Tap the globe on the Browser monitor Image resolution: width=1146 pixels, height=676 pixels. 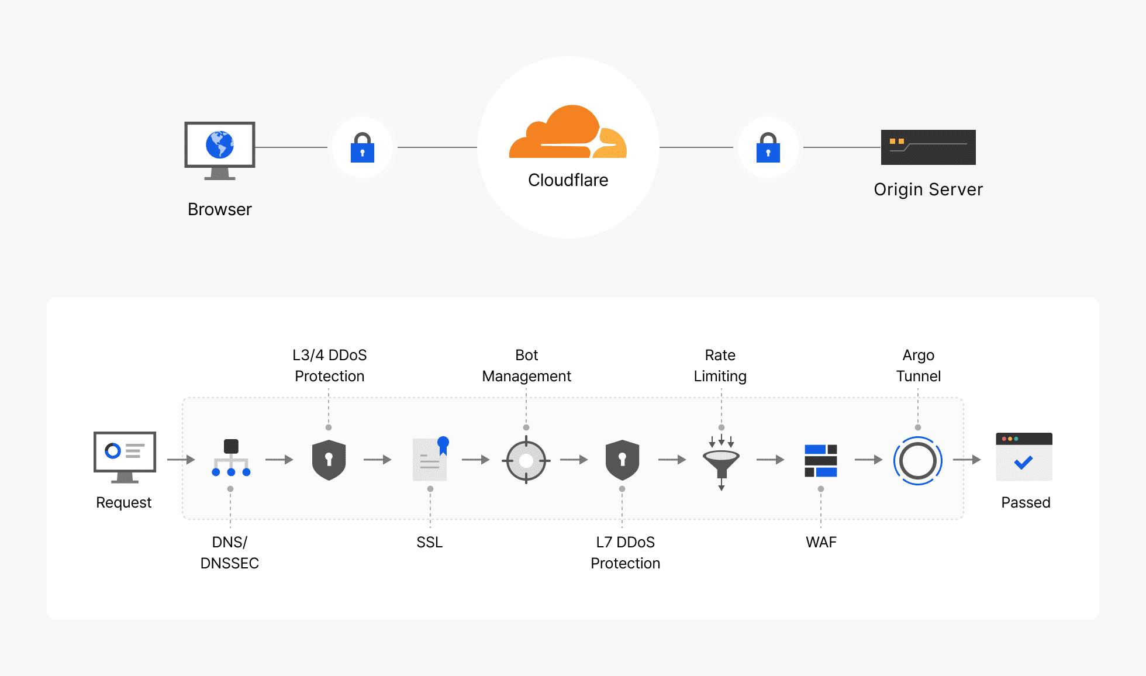pos(220,144)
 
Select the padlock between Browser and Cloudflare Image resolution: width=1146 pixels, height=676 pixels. pos(363,148)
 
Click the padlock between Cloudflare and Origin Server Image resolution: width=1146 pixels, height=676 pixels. pos(768,148)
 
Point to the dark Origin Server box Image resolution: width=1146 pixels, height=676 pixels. pos(928,147)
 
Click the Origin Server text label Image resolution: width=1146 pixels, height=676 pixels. pos(928,189)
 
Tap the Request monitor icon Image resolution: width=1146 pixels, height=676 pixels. pos(125,456)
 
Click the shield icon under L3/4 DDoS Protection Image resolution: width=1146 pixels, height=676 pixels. pos(329,460)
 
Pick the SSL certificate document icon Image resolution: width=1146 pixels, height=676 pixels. pos(430,460)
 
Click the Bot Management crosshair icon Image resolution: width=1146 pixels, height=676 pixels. pos(526,460)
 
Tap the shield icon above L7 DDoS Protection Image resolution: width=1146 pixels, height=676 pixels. pos(622,460)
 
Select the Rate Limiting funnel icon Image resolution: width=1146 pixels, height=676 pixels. pos(722,461)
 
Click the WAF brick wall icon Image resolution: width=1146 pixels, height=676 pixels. pos(821,460)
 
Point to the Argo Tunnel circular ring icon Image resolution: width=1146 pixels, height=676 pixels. pos(918,460)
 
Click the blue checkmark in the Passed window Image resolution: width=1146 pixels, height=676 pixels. pos(1023,463)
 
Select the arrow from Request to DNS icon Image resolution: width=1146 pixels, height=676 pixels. pos(181,460)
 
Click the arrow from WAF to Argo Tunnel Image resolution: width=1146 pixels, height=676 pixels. pos(868,460)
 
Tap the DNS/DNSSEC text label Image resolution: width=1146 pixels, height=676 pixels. pos(230,553)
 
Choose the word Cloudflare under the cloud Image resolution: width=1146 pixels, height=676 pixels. pos(568,180)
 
